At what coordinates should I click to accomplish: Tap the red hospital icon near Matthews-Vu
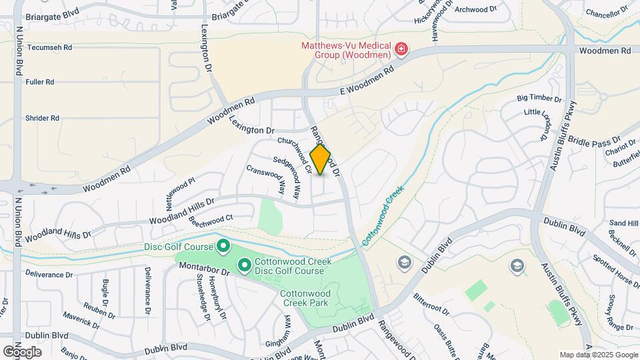click(x=401, y=49)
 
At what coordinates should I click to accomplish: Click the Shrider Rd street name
click(x=43, y=118)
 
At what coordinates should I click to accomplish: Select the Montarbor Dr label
click(x=203, y=269)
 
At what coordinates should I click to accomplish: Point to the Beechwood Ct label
click(x=211, y=219)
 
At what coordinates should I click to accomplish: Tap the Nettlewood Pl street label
click(x=180, y=190)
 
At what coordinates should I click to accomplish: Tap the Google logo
click(x=22, y=351)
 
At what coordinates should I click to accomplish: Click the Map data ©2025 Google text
click(x=598, y=355)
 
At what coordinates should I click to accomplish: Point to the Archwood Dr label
click(x=476, y=9)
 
